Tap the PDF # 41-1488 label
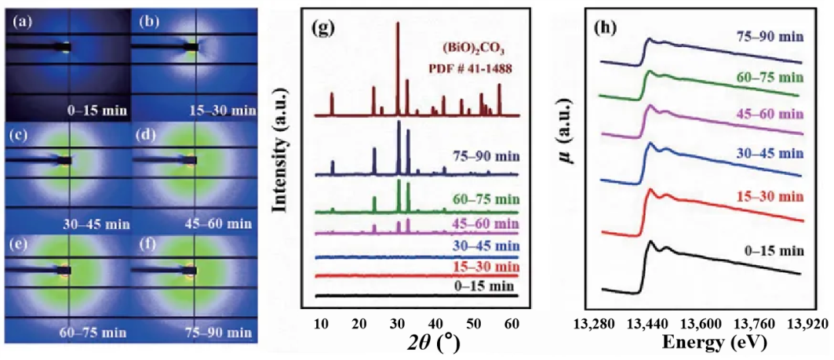[x=470, y=68]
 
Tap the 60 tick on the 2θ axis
[x=511, y=323]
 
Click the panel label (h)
[x=605, y=27]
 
